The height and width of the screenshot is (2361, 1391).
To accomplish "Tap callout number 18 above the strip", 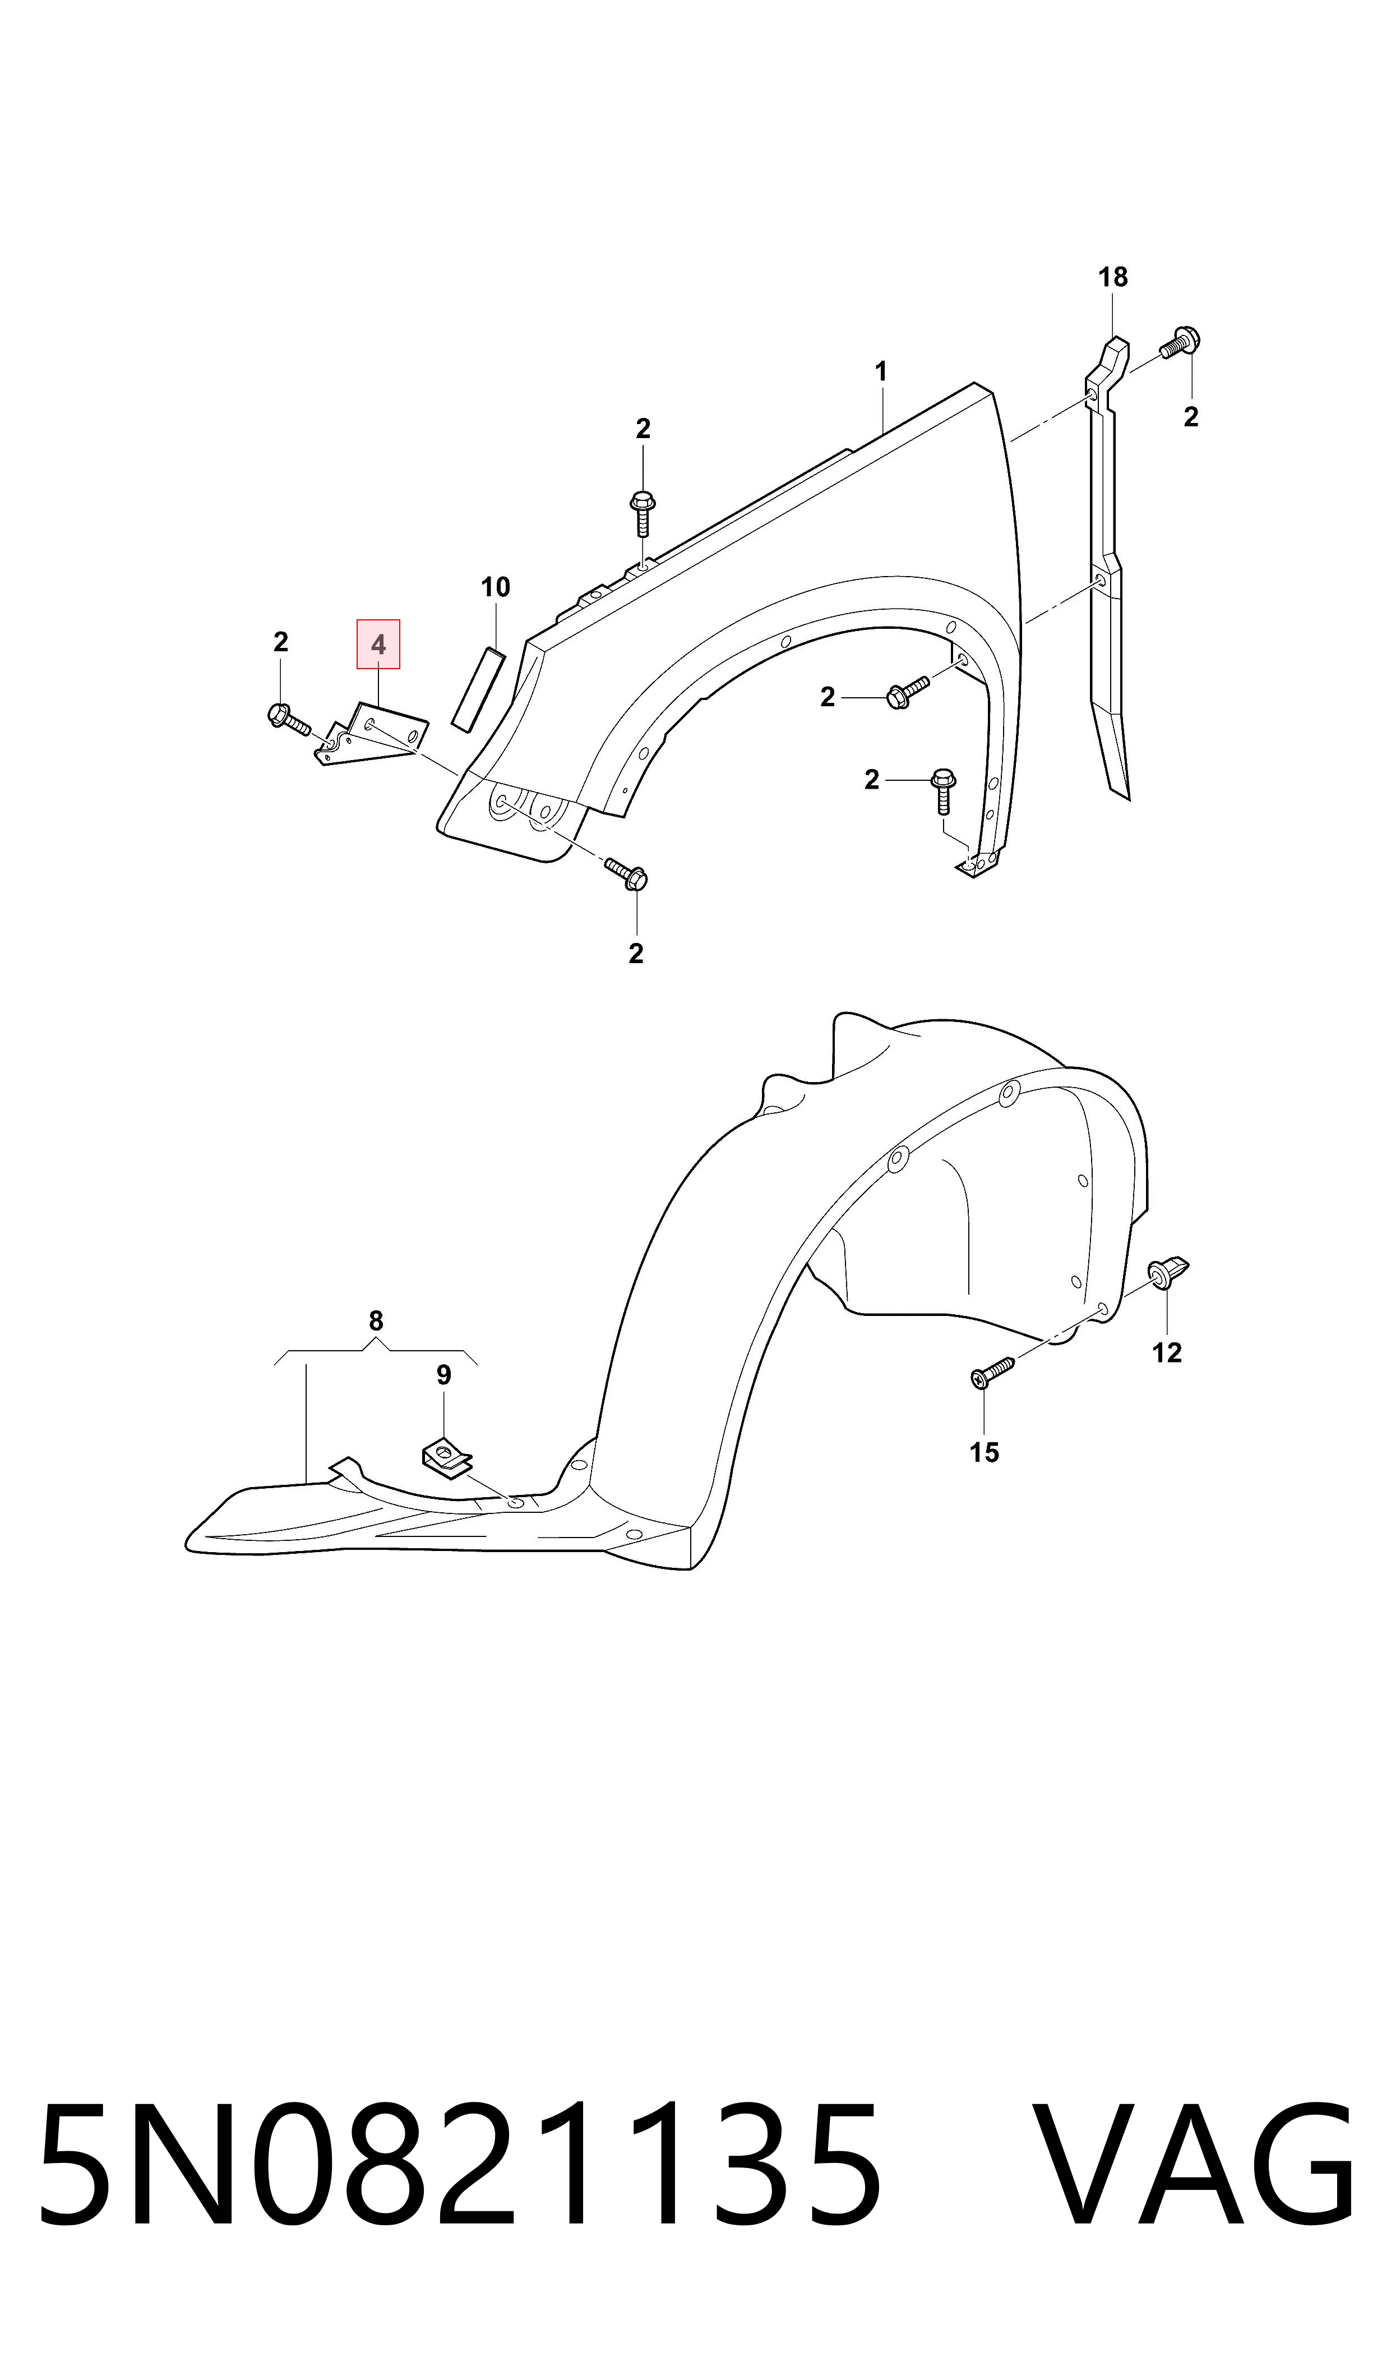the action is tap(1112, 278).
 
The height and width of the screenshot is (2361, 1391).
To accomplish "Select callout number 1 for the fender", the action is tap(881, 372).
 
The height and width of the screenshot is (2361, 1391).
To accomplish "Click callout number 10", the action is tap(495, 588).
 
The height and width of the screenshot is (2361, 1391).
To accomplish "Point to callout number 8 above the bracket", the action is tap(376, 1321).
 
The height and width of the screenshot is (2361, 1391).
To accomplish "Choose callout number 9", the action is tap(443, 1375).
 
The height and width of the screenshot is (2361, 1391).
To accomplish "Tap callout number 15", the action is tap(984, 1452).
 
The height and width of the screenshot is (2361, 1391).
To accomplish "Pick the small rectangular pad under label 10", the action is tap(478, 687).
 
